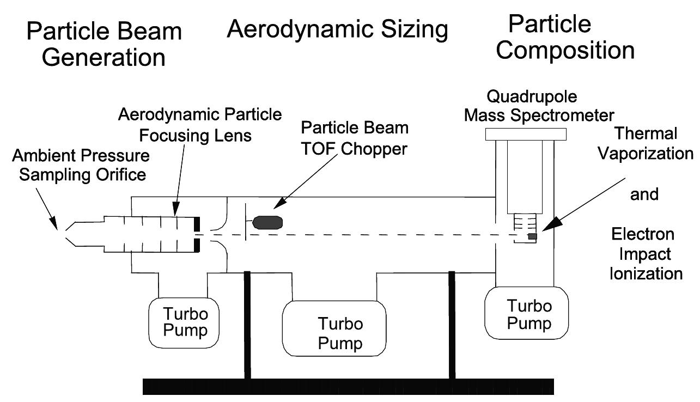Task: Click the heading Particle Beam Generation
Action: [x=104, y=44]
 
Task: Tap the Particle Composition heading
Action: [x=565, y=38]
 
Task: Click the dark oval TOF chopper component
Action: [x=267, y=222]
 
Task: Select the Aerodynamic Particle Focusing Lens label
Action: [x=200, y=124]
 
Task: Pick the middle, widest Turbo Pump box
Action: [x=334, y=327]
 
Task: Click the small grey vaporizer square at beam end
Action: [x=533, y=236]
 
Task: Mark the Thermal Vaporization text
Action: [x=645, y=143]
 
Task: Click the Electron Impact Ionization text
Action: [x=646, y=253]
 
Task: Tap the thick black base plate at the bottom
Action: [x=348, y=386]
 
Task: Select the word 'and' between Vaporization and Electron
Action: [x=644, y=194]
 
